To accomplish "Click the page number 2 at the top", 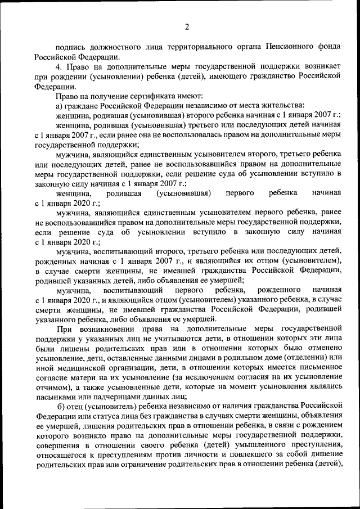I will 187,26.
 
